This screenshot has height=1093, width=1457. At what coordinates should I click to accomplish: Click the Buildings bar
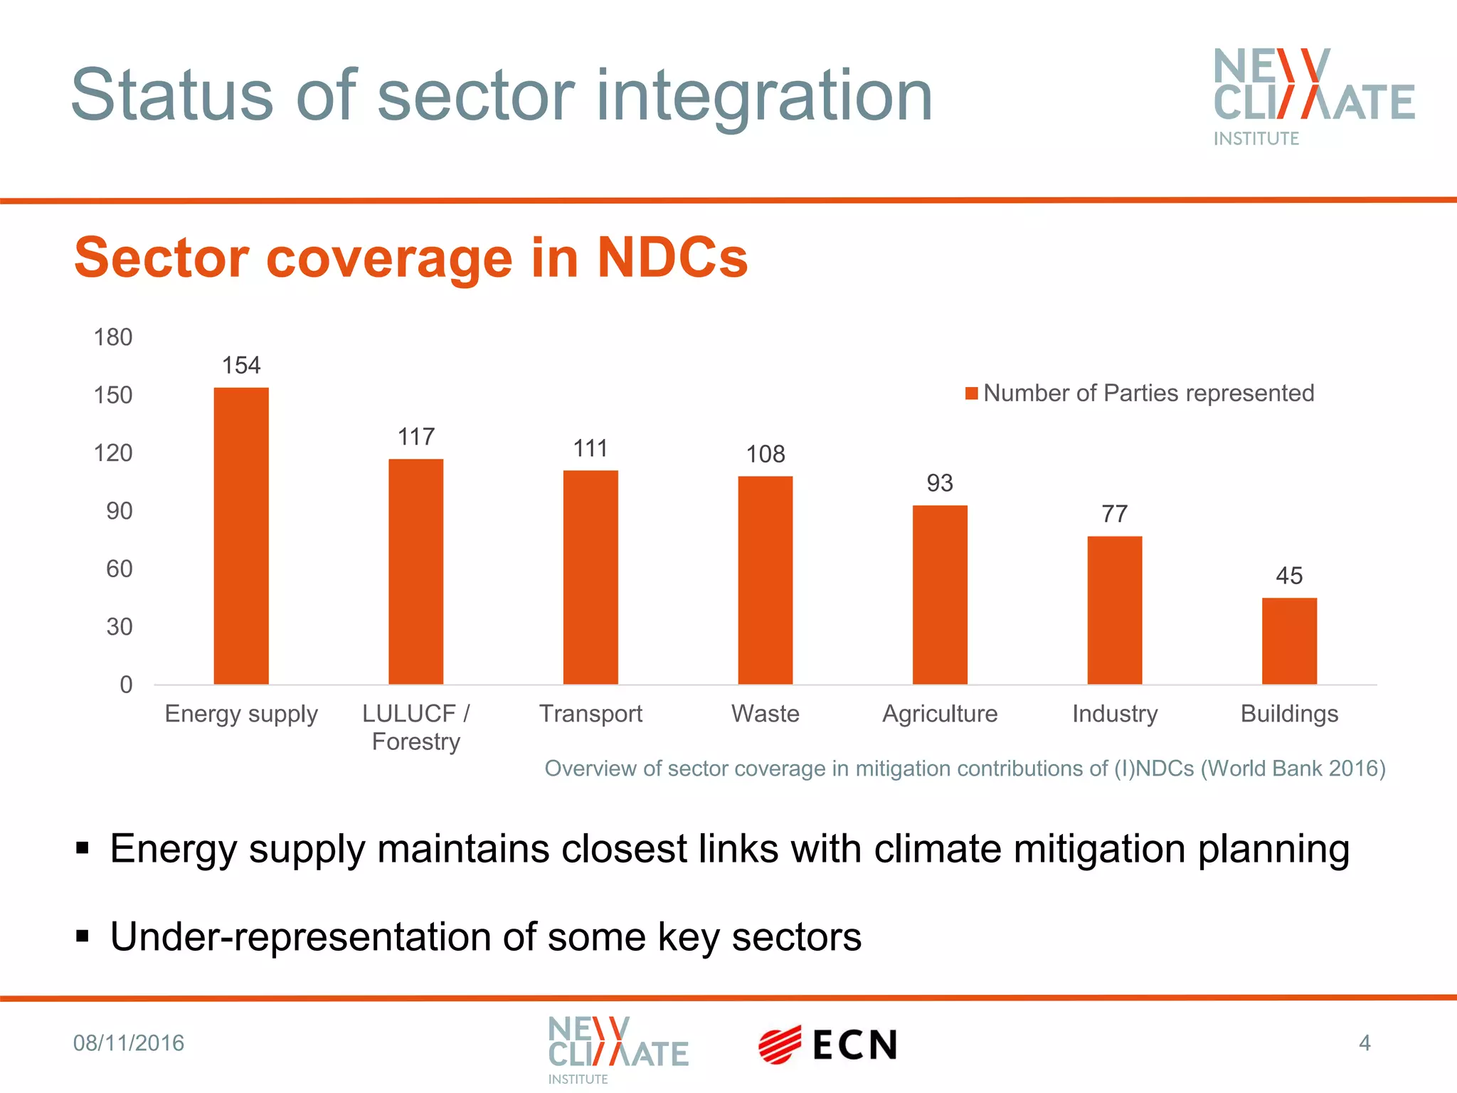(1289, 641)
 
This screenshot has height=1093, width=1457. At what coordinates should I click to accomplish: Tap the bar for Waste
(765, 580)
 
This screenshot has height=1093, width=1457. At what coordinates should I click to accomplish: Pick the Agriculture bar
(940, 595)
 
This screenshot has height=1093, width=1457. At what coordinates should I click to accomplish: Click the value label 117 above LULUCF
(416, 437)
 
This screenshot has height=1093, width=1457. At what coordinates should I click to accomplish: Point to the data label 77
(1115, 514)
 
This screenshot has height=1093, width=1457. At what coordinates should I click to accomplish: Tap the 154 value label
(241, 366)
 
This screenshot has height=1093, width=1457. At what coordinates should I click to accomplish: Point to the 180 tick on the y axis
(113, 337)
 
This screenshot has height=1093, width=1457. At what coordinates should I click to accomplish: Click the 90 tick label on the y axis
(119, 511)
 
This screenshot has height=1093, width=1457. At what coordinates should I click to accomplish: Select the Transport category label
(590, 714)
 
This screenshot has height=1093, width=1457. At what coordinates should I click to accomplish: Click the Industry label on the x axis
(1115, 714)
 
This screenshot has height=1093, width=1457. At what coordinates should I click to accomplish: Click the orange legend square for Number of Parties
(971, 394)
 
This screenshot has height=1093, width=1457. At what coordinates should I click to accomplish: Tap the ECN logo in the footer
(827, 1045)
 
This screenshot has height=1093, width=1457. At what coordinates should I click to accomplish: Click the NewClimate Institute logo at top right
(1313, 96)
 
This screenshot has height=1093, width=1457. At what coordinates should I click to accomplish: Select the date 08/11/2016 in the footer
(129, 1043)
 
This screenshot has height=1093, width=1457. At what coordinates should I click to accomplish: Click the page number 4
(1364, 1043)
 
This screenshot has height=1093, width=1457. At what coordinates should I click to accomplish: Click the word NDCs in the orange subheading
(672, 258)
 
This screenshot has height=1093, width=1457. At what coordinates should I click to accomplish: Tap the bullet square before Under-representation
(83, 936)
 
